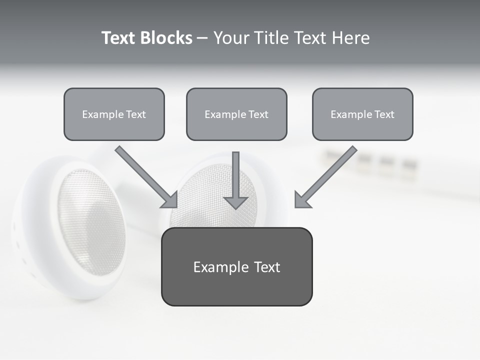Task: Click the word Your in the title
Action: click(x=231, y=38)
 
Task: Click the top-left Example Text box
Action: click(x=114, y=114)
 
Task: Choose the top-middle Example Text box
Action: click(x=236, y=114)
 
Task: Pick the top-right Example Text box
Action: click(x=362, y=114)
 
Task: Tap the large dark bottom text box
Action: click(x=236, y=266)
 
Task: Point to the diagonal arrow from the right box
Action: click(x=330, y=172)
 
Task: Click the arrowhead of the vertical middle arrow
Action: click(x=236, y=202)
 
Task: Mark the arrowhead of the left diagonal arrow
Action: click(x=171, y=200)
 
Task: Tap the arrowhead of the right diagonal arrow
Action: click(x=301, y=200)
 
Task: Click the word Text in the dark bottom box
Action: click(x=266, y=267)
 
